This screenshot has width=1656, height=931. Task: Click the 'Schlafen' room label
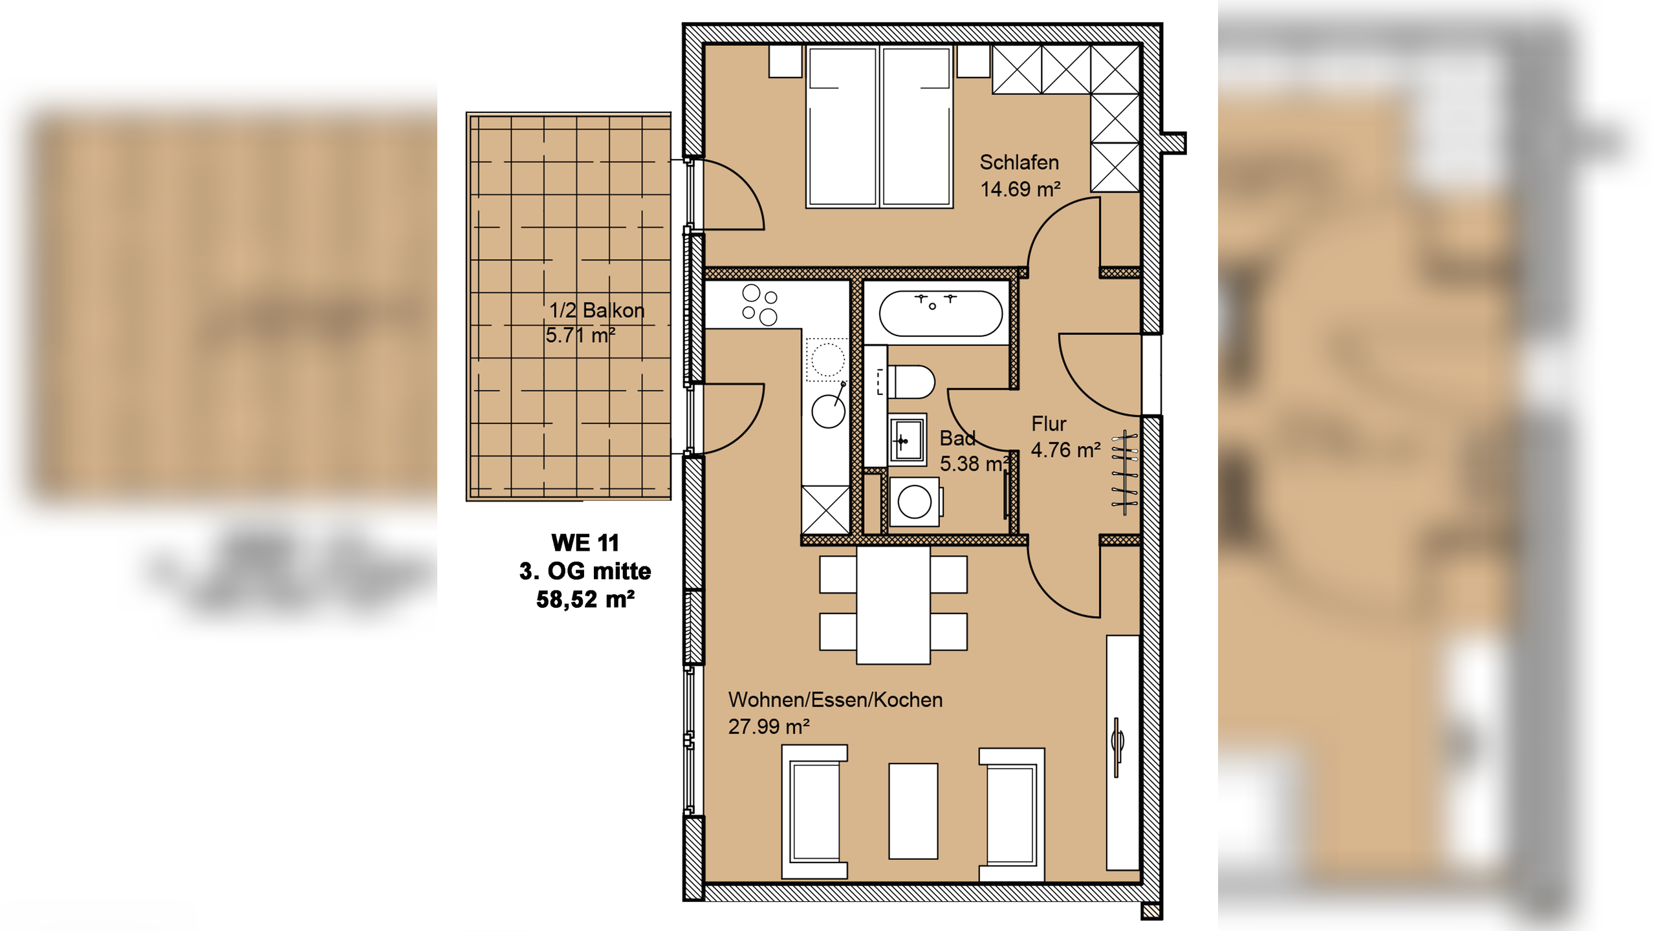point(1019,162)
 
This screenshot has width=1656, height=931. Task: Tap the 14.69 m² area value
point(1020,189)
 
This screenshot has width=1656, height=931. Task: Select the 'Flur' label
point(1049,424)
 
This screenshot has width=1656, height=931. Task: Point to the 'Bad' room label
point(957,438)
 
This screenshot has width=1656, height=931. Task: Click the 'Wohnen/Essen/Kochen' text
point(835,700)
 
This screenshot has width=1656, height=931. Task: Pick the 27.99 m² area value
point(769,727)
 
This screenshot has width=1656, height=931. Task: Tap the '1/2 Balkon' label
point(596,310)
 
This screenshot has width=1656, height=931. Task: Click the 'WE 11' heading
point(585,542)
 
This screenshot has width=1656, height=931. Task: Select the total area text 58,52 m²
point(585,599)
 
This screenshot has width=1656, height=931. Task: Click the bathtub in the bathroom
point(941,314)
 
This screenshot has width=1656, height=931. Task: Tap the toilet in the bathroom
point(911,382)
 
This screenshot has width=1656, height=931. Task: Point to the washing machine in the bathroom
point(915,502)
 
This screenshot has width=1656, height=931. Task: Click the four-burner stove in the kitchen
point(760,305)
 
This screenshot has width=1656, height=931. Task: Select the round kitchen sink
point(829,411)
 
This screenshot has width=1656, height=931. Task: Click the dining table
point(893,605)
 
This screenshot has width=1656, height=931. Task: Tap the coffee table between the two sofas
point(913,811)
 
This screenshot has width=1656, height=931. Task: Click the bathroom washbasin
point(908,440)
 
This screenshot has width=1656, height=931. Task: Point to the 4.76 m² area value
point(1065,450)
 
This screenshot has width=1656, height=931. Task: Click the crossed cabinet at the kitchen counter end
point(825,510)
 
